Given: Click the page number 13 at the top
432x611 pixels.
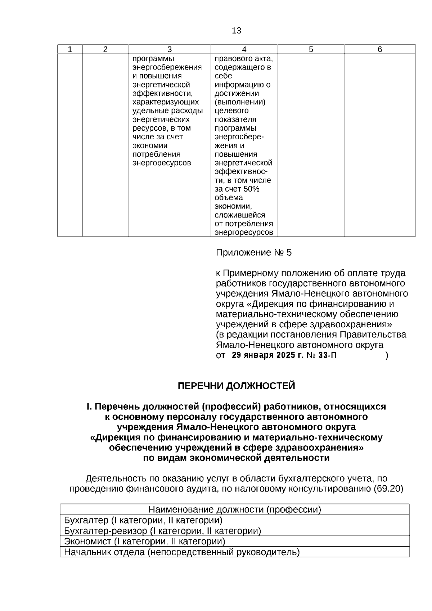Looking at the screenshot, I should tap(237, 31).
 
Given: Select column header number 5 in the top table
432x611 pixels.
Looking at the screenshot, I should tap(311, 50).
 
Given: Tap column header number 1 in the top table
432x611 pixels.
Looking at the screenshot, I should tap(70, 50).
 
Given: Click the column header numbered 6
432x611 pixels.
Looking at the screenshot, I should tap(380, 50).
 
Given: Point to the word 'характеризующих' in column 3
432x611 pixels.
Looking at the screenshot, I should tap(166, 102).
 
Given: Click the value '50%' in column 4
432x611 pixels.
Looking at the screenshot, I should tap(251, 189).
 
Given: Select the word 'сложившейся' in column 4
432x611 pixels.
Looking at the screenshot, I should tap(240, 215).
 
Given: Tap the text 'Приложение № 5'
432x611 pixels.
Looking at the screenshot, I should tap(254, 252).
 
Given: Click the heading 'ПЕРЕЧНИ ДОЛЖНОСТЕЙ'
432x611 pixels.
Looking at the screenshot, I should tap(237, 386).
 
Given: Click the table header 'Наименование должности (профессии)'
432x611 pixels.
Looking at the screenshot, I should tap(235, 509).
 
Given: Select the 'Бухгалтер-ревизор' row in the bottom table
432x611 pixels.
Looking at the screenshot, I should tap(162, 531).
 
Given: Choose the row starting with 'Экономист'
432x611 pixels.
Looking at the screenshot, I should tap(144, 541).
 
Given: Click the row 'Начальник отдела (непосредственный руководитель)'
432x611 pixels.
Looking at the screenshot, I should tap(182, 552).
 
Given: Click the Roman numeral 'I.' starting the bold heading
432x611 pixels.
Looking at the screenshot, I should tap(89, 406).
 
